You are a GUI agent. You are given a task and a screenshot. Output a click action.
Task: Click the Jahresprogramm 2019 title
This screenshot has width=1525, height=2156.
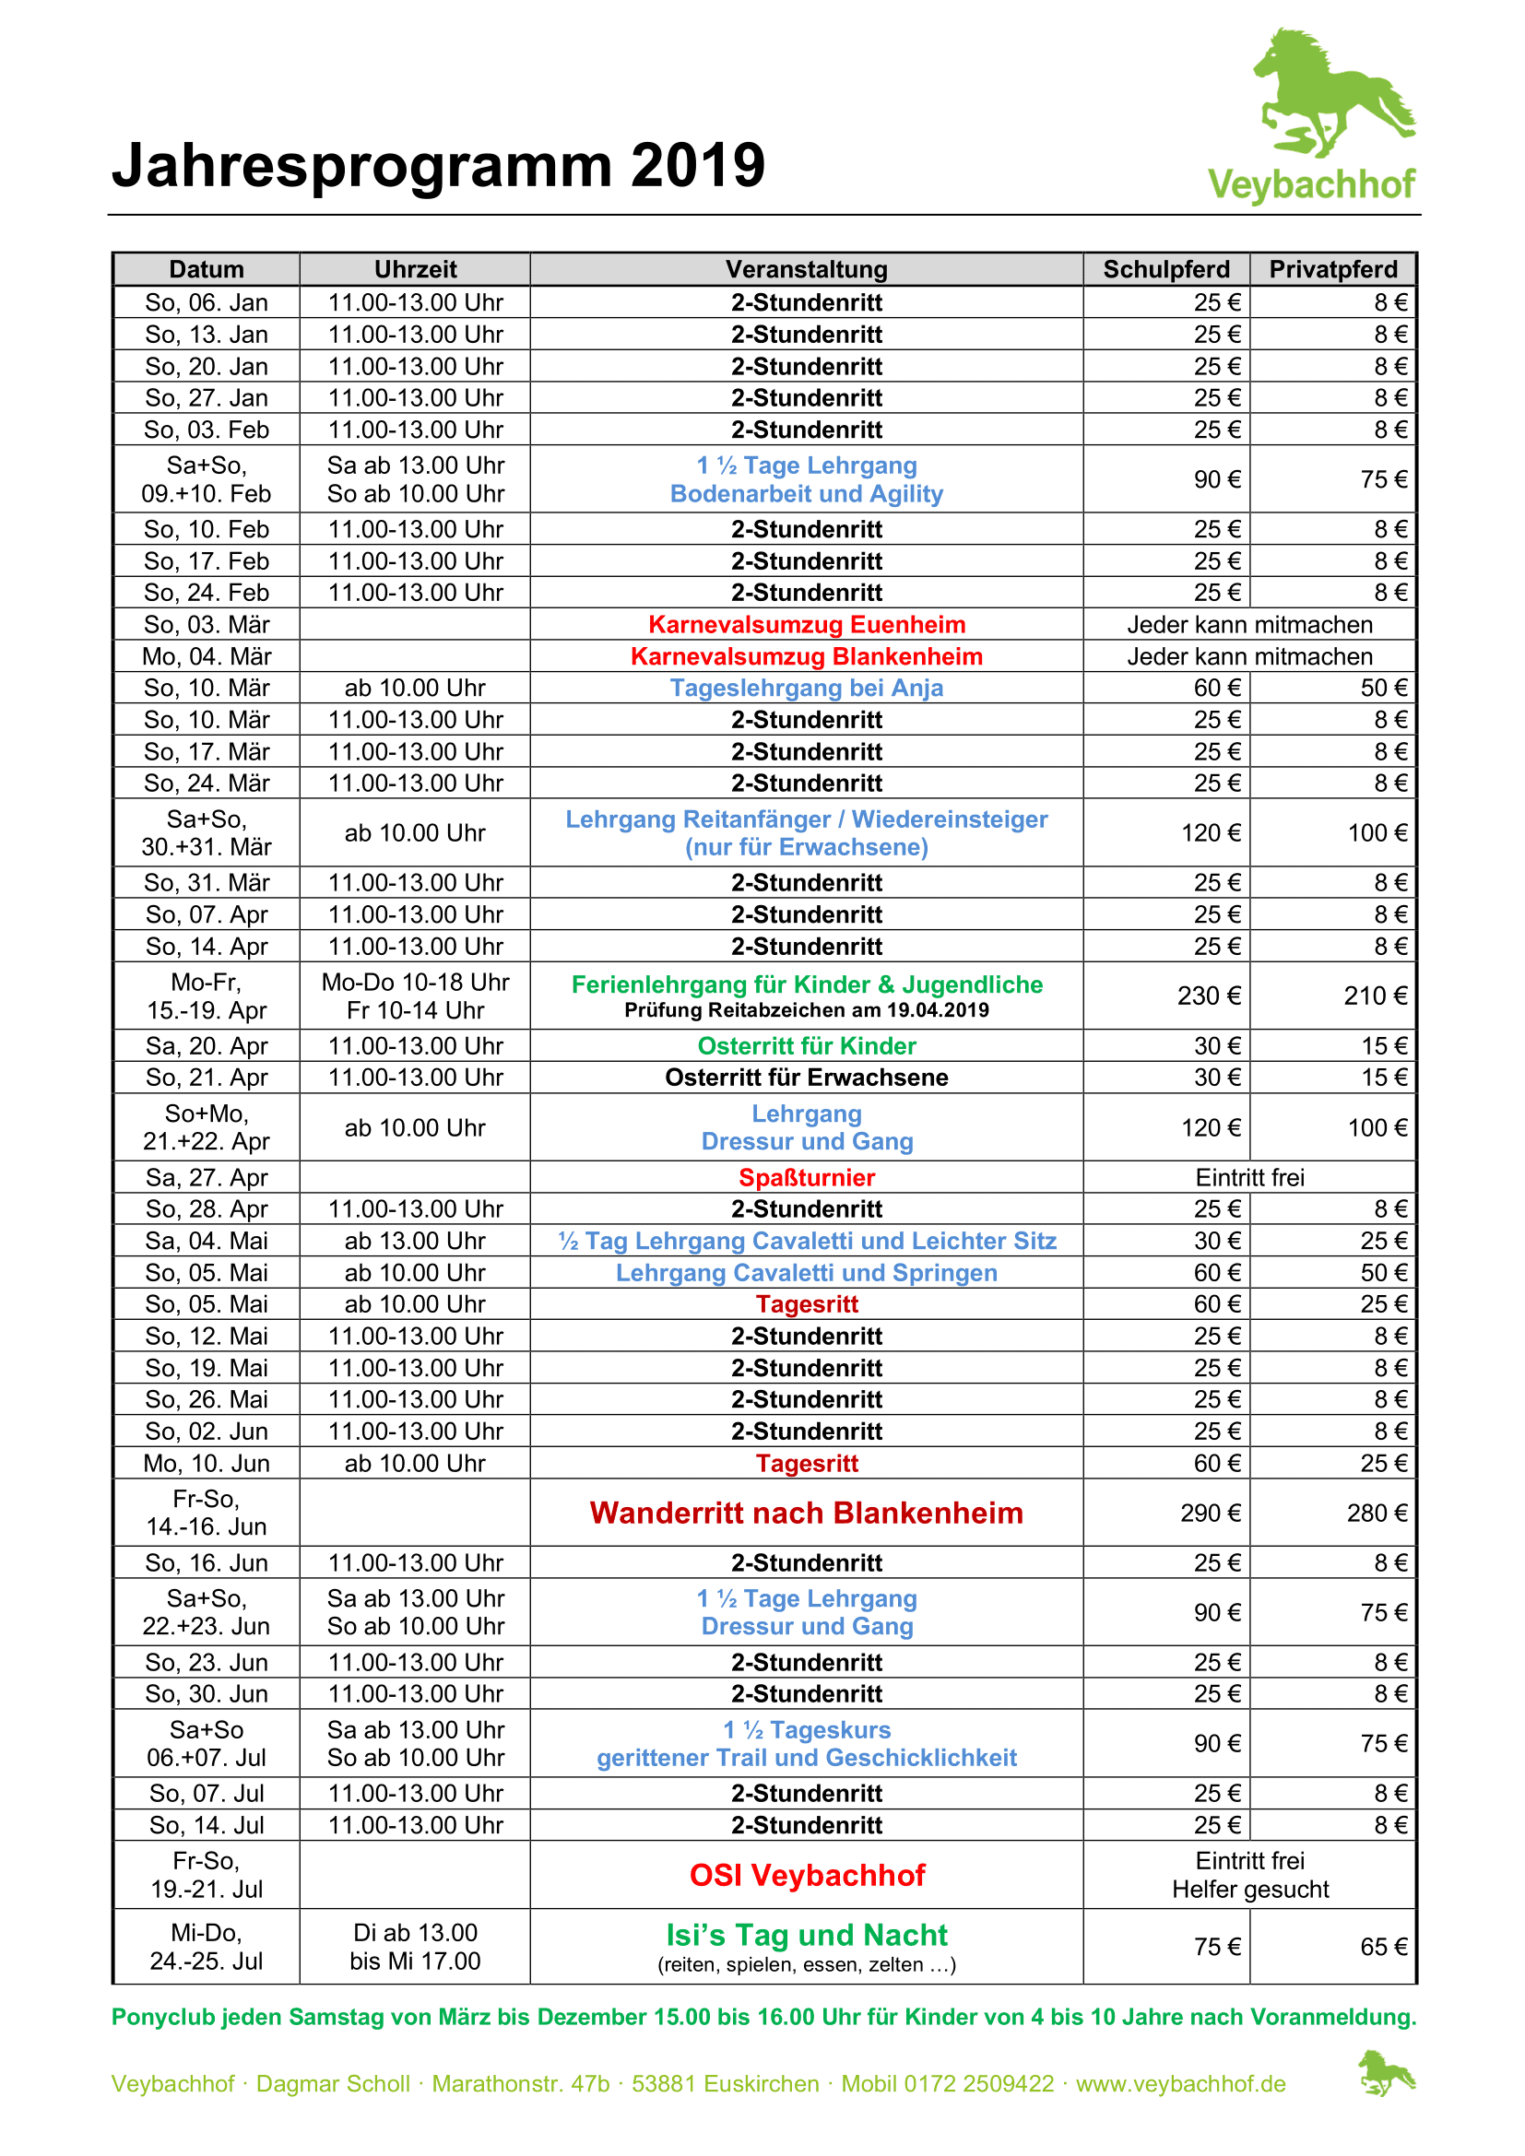coord(439,165)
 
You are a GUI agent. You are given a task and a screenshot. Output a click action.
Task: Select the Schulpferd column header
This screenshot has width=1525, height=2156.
coord(1165,269)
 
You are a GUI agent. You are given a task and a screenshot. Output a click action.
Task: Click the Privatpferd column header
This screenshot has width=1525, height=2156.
coord(1332,269)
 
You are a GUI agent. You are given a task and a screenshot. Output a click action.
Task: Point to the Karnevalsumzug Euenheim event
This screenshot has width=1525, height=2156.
coord(807,624)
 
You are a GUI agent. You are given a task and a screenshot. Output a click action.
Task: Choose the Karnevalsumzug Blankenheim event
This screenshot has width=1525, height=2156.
coord(807,656)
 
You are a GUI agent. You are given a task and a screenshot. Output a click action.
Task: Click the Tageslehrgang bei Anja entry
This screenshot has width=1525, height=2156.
coord(807,689)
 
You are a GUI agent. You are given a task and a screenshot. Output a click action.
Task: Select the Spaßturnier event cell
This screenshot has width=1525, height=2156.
coord(807,1177)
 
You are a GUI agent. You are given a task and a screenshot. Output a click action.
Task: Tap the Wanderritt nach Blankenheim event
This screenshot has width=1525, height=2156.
coord(807,1513)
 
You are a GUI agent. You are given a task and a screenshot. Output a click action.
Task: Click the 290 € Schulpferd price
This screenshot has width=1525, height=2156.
coord(1211,1513)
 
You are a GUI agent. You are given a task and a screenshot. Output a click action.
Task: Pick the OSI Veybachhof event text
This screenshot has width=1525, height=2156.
coord(807,1875)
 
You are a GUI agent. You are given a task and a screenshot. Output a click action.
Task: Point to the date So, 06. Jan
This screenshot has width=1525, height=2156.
coord(207,302)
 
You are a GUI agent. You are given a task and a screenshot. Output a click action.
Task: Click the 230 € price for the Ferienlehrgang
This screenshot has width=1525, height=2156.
coord(1209,996)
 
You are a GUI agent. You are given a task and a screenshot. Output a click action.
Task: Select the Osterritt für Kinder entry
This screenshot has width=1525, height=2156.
coord(807,1046)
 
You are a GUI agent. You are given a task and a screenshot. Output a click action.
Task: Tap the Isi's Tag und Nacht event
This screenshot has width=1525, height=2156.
coord(807,1936)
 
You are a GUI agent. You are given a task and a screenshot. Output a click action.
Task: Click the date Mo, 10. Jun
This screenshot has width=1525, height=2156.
coord(207,1463)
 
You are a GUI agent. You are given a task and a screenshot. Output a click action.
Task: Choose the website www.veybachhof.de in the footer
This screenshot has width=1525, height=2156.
coord(1180,2084)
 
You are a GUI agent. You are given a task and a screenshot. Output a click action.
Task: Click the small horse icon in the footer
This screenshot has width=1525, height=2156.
coord(1385,2073)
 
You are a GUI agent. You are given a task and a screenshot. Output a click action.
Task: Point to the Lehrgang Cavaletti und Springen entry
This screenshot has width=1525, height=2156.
coord(807,1272)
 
